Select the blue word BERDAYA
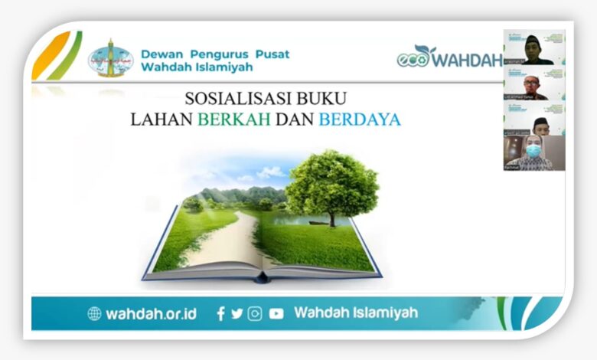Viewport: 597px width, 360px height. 360,119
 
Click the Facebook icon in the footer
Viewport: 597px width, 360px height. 220,313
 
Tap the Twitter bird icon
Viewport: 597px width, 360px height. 237,313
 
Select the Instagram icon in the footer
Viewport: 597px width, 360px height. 255,313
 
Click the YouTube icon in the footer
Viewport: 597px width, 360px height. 276,313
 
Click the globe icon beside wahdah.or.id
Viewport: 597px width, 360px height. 94,313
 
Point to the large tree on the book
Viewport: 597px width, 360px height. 331,184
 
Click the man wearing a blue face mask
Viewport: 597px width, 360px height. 533,152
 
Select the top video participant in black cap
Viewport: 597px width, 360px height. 533,48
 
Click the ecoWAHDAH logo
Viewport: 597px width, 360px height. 449,57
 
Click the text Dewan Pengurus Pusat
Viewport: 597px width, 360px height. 215,54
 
